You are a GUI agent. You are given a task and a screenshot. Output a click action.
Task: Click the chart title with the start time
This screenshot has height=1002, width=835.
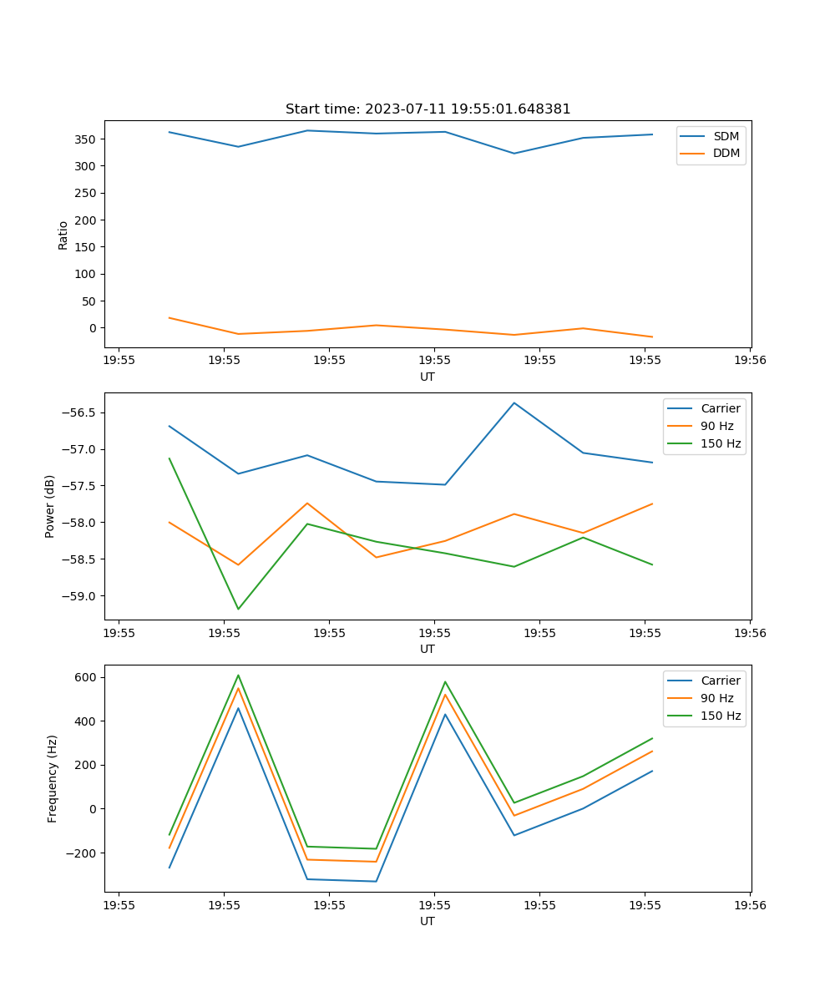(428, 109)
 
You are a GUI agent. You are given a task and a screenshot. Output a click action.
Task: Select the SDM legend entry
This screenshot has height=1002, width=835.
(725, 136)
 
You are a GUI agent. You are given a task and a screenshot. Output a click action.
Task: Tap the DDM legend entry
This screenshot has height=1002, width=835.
(726, 154)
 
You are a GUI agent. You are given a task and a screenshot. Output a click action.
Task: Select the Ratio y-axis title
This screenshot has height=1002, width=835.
(63, 235)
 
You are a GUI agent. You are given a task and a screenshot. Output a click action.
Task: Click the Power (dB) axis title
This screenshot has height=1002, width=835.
(50, 506)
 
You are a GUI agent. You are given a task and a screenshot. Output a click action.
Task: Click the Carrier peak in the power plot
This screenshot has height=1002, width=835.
(514, 403)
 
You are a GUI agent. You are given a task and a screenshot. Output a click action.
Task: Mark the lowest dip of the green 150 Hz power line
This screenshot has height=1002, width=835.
(238, 609)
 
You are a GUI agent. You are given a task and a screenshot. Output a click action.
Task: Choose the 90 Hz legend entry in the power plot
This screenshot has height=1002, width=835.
(716, 426)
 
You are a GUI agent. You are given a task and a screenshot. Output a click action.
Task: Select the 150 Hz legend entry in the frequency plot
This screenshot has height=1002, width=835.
(720, 716)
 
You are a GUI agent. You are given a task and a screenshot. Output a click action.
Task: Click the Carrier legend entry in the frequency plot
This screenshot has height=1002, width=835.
(720, 681)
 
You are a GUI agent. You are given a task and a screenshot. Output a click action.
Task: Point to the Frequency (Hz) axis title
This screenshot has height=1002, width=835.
(53, 778)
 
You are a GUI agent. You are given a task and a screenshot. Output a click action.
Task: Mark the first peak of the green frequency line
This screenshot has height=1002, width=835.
(238, 676)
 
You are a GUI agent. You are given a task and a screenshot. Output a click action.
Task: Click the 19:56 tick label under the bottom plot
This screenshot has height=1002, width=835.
(749, 905)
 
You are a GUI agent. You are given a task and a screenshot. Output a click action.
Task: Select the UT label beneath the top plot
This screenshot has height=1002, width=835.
(428, 377)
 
